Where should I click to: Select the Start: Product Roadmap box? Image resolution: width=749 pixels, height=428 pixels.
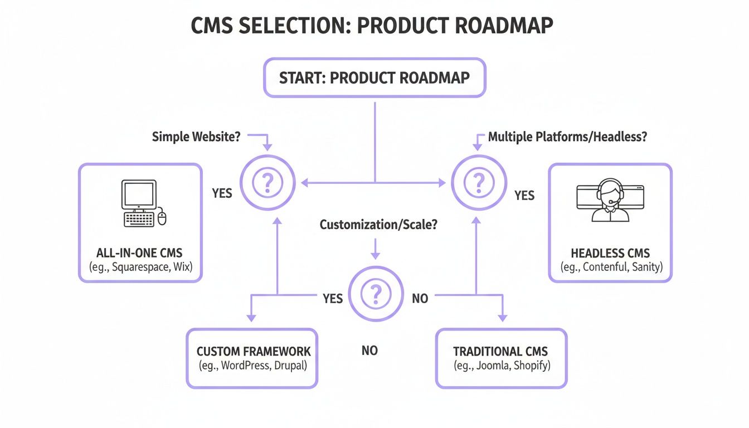(x=374, y=77)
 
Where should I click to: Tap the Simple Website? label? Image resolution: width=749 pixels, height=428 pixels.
(x=196, y=137)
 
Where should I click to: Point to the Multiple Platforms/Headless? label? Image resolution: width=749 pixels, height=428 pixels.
(x=567, y=137)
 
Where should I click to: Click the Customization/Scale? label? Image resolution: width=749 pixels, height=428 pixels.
(x=378, y=225)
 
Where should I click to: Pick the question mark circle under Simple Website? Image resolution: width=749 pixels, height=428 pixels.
(x=267, y=182)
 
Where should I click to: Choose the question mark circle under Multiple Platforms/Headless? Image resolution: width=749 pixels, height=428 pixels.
(x=478, y=182)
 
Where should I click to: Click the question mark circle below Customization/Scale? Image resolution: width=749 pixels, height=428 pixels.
(x=376, y=294)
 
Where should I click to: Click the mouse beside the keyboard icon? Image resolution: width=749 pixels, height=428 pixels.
(x=162, y=217)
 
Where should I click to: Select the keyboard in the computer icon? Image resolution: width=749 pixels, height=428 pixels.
(x=139, y=218)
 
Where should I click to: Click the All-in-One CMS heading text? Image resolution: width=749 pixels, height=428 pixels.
(x=139, y=253)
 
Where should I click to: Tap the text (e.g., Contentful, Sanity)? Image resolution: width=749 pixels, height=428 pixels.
(x=610, y=267)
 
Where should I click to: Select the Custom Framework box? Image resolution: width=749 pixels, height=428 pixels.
(x=252, y=358)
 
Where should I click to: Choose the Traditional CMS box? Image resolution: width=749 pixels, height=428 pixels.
(x=500, y=358)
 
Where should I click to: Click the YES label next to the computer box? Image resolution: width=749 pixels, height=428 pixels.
(x=222, y=193)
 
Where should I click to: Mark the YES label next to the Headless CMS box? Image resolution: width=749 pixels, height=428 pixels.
(x=524, y=196)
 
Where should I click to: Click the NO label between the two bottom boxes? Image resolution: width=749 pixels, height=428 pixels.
(x=369, y=351)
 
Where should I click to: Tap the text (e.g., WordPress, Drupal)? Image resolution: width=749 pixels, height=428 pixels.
(x=252, y=366)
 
